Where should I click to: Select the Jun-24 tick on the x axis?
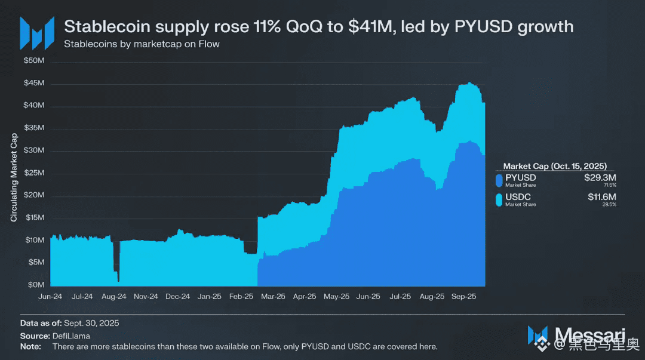click(x=50, y=296)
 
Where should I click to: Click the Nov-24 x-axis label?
click(x=146, y=296)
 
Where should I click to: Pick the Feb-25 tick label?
click(x=241, y=296)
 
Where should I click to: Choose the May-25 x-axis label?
click(x=336, y=296)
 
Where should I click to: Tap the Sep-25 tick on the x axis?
click(x=463, y=296)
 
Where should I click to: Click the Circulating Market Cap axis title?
click(x=14, y=177)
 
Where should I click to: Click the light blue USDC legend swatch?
click(x=499, y=199)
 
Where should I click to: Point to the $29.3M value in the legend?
click(x=600, y=177)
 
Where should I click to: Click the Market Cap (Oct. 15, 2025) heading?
click(x=555, y=166)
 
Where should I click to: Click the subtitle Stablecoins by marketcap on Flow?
click(x=142, y=44)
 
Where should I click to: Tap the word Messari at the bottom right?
click(x=590, y=334)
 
